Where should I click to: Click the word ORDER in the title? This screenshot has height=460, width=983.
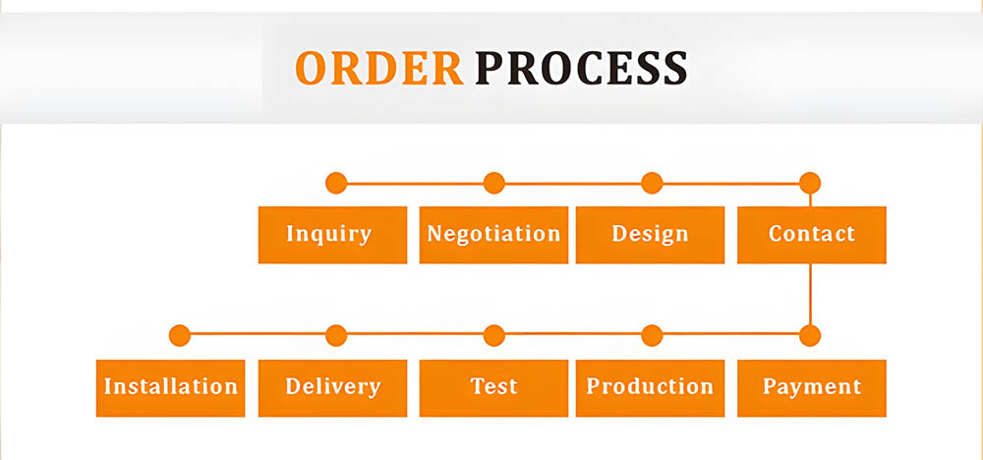(379, 68)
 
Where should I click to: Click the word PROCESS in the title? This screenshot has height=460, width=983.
(581, 68)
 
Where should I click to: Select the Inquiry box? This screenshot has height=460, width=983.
(331, 234)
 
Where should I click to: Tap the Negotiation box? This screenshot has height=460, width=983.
(493, 234)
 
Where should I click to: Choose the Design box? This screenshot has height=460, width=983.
(650, 234)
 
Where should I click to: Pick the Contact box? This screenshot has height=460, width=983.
(811, 234)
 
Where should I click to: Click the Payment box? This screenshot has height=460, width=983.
(811, 387)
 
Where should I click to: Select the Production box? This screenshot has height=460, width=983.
(650, 387)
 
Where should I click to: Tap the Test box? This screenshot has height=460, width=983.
(493, 387)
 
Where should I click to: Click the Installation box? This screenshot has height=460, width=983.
(171, 387)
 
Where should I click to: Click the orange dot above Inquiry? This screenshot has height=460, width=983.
(336, 183)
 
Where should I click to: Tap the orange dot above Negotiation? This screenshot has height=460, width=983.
(494, 183)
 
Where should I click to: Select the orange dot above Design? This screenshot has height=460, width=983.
(652, 183)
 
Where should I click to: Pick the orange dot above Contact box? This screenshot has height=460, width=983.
(810, 183)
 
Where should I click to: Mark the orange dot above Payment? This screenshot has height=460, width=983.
(810, 335)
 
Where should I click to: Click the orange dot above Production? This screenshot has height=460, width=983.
(652, 335)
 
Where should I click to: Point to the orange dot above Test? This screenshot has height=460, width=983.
(494, 335)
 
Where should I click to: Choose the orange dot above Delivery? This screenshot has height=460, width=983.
(336, 335)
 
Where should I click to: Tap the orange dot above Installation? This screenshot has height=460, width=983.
(179, 335)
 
